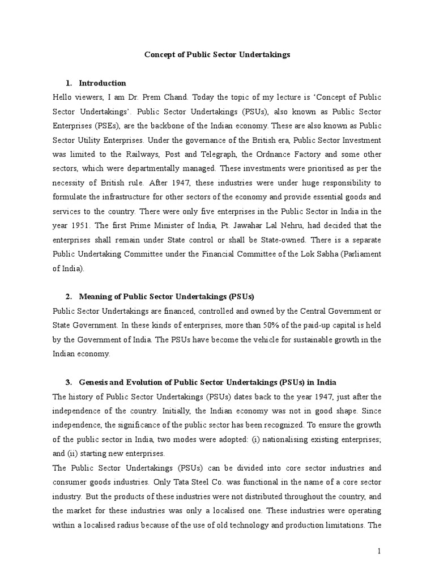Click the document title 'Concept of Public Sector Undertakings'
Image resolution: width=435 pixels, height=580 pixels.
(217, 54)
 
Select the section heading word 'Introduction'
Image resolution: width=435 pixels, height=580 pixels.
(103, 83)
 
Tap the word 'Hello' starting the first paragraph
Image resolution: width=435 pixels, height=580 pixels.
(63, 97)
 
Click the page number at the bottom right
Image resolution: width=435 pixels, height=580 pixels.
(379, 550)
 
